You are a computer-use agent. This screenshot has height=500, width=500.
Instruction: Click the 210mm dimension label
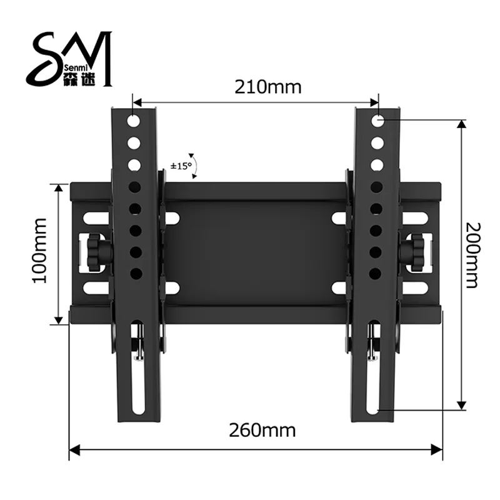pos(268,86)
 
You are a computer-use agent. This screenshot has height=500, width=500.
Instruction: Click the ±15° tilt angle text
pos(181,166)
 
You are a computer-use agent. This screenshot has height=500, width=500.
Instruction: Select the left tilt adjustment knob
pos(97,252)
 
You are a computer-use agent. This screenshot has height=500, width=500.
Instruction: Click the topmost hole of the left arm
pos(134,119)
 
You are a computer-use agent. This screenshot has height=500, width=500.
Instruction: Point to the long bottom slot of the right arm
pos(374,369)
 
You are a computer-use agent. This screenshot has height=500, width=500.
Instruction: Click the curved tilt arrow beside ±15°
pos(196,164)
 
